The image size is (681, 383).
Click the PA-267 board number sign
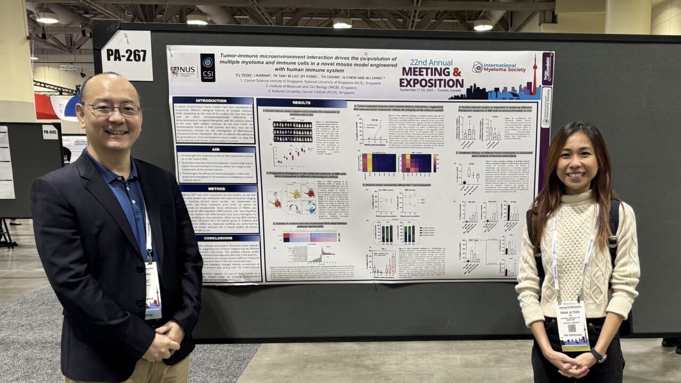[127, 55]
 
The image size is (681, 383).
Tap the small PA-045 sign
[50, 131]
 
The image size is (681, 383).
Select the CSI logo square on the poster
[207, 68]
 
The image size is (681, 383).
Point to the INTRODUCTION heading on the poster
[211, 101]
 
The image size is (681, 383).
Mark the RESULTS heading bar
[301, 103]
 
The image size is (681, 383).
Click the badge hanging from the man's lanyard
[153, 290]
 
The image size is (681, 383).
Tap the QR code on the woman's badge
[572, 328]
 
